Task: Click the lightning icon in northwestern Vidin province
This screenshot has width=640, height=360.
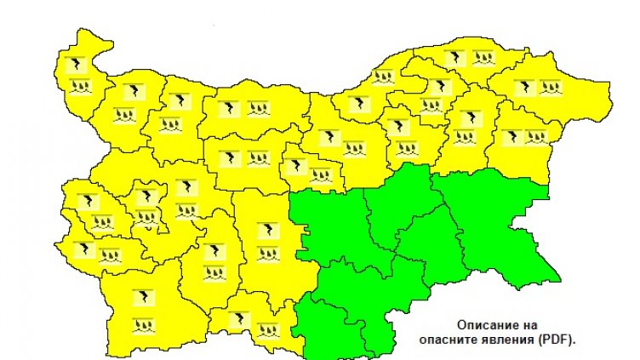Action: click(77, 65)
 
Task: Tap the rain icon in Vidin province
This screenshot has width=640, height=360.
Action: click(78, 85)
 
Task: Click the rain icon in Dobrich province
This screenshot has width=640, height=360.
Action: click(549, 86)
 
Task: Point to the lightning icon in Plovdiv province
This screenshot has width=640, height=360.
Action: click(268, 230)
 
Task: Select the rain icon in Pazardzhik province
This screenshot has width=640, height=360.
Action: click(213, 274)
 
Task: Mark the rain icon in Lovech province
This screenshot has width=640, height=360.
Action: click(257, 157)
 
